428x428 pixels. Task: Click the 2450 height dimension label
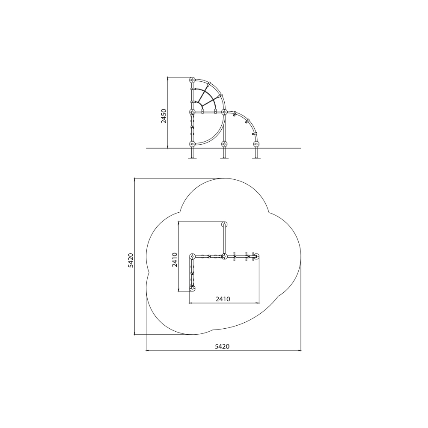pos(163,116)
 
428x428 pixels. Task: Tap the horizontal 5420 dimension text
pos(222,346)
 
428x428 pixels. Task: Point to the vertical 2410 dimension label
pos(175,260)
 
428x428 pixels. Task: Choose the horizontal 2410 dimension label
pos(223,299)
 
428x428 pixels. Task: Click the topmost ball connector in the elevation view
pos(193,80)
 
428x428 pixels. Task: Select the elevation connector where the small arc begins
pos(224,112)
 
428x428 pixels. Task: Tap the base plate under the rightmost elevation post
pos(256,158)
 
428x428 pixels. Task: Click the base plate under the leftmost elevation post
pos(193,158)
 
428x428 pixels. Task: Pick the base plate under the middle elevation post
pos(224,158)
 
